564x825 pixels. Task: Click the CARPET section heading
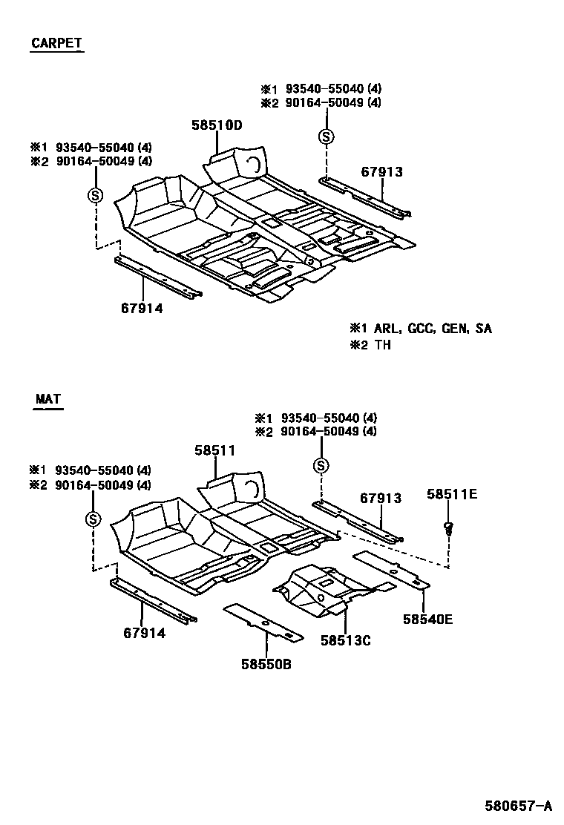coord(56,43)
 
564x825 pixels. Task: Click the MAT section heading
coord(48,400)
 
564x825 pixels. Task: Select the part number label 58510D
coord(217,125)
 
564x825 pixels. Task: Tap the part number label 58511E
coord(451,494)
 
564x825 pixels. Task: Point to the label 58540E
coord(427,617)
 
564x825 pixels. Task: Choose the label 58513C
coord(345,640)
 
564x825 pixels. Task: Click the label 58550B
coord(266,664)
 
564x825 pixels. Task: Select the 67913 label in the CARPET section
coord(381,171)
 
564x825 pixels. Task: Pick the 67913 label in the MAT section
coord(381,498)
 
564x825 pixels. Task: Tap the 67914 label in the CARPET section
coord(142,308)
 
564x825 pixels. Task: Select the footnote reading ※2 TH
coord(370,345)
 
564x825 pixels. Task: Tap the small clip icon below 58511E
coord(447,528)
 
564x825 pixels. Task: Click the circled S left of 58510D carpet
coord(95,195)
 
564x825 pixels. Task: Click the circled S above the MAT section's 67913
coord(321,465)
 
